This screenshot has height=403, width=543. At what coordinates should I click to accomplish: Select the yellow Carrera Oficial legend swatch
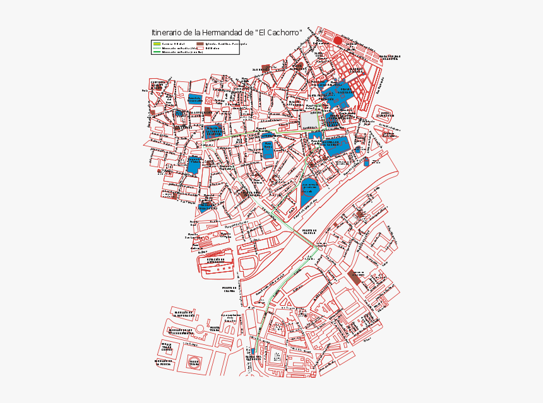click(157, 44)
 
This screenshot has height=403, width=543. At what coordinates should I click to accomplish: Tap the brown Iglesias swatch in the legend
click(200, 44)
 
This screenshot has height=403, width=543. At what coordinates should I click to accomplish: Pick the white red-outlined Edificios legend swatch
click(200, 48)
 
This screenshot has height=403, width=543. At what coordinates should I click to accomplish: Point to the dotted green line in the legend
click(157, 48)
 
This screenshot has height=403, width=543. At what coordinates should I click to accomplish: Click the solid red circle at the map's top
click(338, 40)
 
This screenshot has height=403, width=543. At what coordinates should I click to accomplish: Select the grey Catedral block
click(309, 120)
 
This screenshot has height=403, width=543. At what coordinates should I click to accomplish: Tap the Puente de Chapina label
click(229, 289)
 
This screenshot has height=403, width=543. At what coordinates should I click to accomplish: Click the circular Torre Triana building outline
click(194, 363)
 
